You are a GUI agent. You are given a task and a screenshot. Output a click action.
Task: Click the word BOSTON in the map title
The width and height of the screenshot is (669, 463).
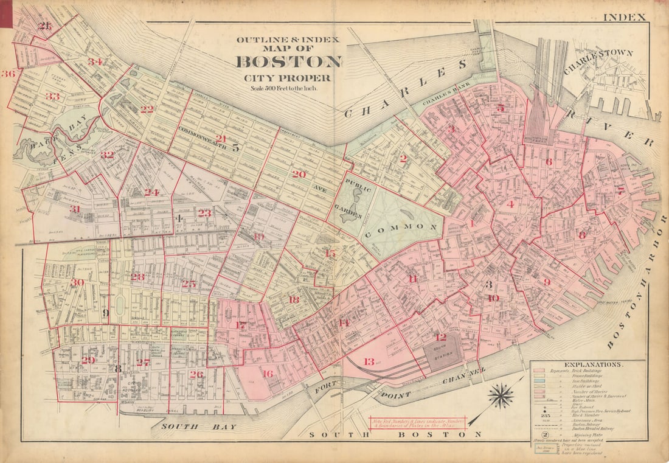[x=288, y=62]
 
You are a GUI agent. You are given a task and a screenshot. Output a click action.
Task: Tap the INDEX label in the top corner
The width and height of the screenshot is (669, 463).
[x=624, y=17]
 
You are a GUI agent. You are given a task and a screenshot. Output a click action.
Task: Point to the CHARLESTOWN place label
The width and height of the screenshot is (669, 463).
[x=598, y=61]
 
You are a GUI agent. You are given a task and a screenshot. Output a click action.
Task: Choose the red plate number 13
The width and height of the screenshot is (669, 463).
[x=369, y=362]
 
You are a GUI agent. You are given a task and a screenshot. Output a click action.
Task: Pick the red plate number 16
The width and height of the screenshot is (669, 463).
[x=267, y=374]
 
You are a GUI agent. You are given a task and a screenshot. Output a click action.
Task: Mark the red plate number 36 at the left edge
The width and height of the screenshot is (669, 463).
[x=7, y=74]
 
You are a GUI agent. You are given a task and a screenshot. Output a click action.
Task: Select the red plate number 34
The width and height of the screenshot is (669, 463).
[x=95, y=62]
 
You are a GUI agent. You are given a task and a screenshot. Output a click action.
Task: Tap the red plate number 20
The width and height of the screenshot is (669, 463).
[x=298, y=174]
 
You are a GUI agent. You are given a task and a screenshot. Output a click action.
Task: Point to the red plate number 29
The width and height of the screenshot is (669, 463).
[x=88, y=360]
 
